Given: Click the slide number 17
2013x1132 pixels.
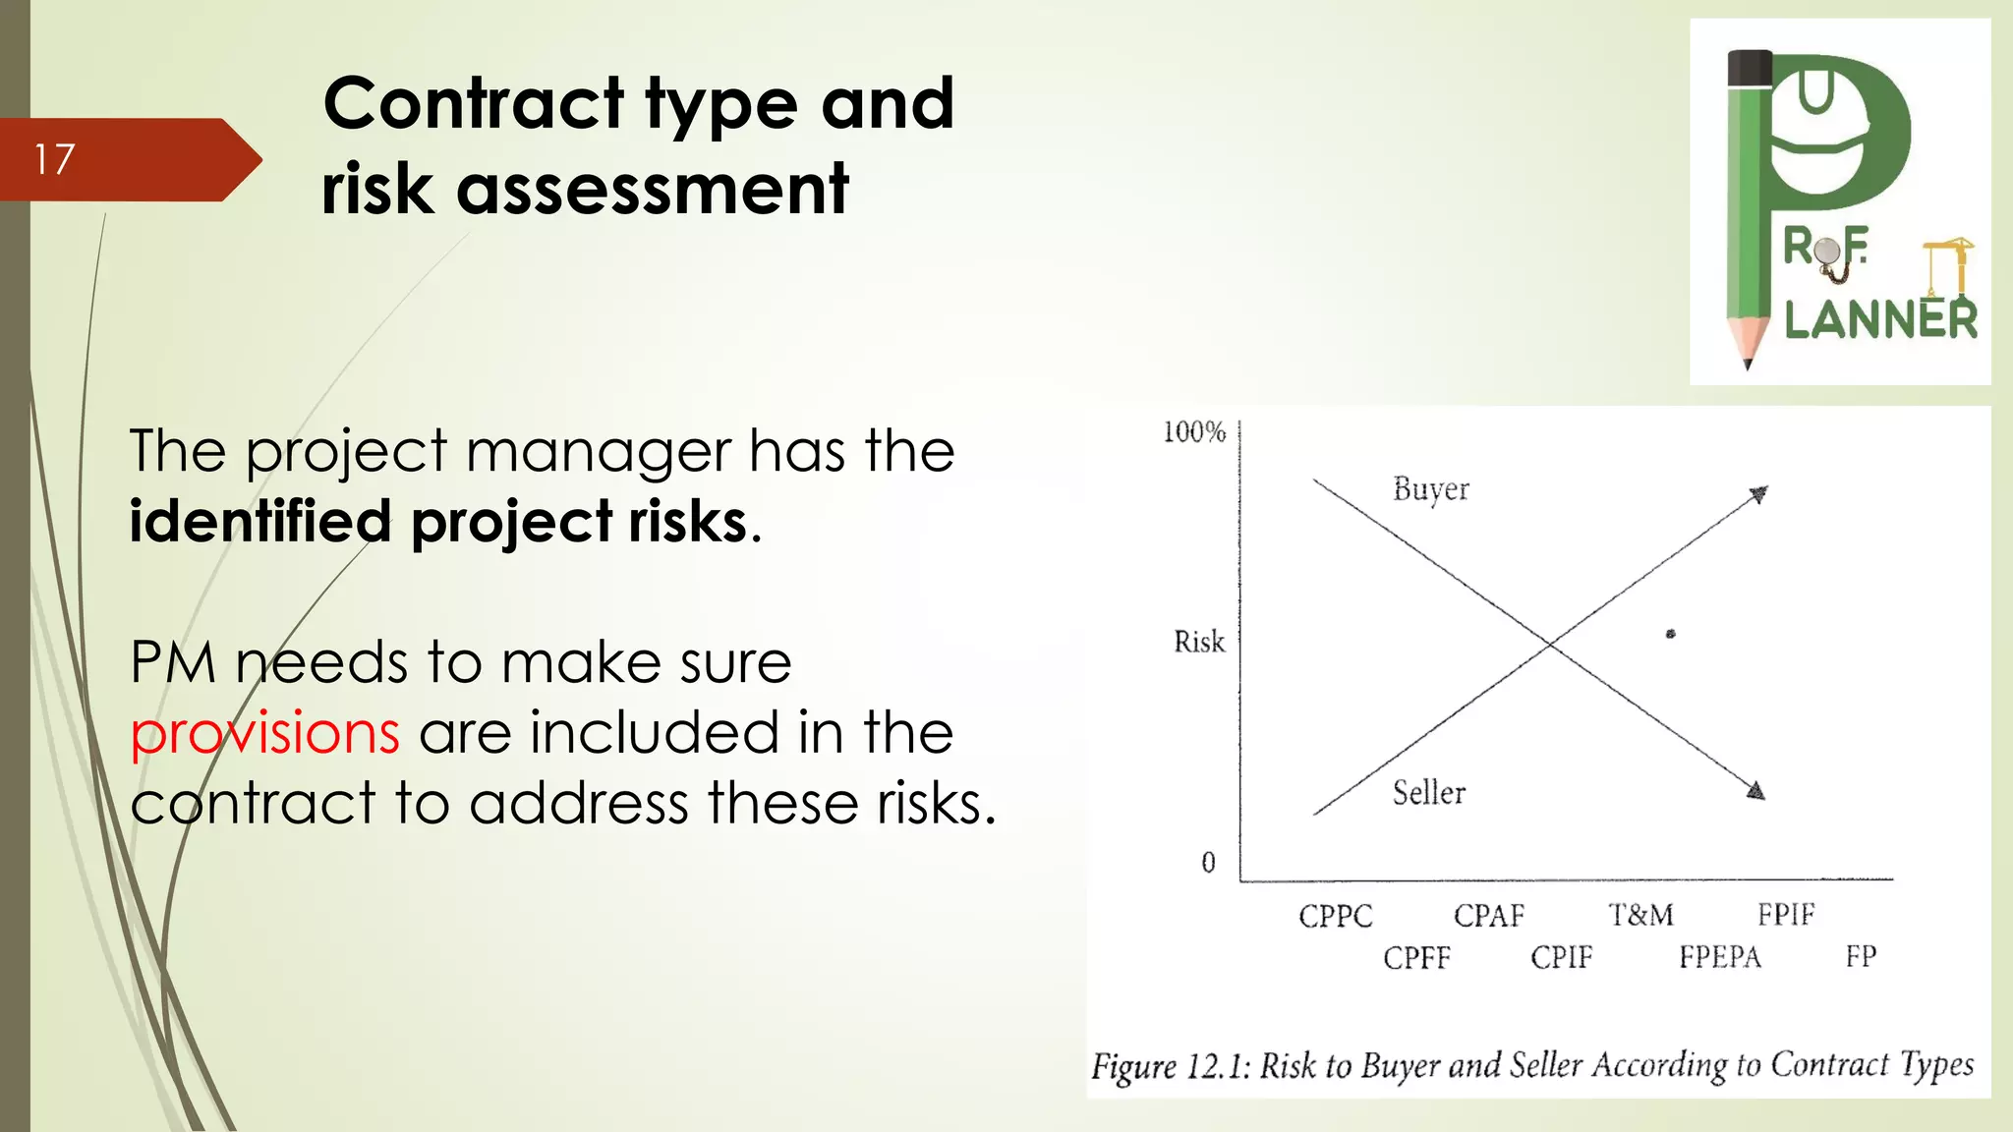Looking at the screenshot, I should pos(54,159).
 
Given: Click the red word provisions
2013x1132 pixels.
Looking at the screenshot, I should pos(264,733).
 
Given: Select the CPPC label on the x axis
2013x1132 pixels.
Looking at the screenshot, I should pos(1335,916).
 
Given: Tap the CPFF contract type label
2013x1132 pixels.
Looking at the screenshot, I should pos(1416,957).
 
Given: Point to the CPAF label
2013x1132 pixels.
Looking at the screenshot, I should pos(1488,916).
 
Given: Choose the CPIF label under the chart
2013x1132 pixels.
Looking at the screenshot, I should pos(1561,957).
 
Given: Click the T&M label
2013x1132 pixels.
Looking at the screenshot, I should pos(1640,915).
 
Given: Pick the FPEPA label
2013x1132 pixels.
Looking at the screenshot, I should pos(1719,957).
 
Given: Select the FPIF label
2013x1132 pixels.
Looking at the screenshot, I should pos(1786,915).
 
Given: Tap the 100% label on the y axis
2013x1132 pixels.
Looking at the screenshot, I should pos(1194,432).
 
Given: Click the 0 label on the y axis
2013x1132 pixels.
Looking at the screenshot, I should pos(1208,863).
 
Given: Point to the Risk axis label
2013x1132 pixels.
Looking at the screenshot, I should pos(1199,642).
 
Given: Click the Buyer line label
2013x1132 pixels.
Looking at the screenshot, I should pos(1430,489).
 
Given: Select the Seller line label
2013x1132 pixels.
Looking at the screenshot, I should pos(1428,793).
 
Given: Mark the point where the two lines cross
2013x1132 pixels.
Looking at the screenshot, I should pos(1550,645).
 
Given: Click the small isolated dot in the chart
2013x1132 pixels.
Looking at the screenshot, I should pos(1670,634).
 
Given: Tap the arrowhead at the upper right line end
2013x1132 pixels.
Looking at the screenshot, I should pos(1758,493).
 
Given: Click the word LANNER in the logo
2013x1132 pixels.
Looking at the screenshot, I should pos(1880,320).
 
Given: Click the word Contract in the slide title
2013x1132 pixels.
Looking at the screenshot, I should pos(474,103).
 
